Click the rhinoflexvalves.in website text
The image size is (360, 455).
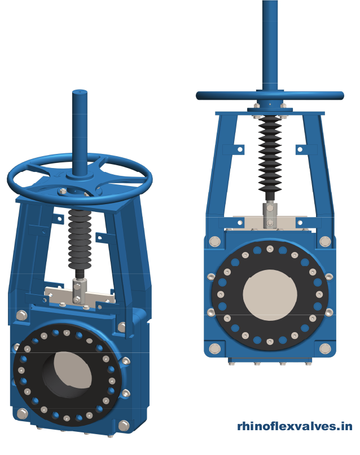pyautogui.click(x=295, y=427)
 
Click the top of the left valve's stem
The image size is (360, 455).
pyautogui.click(x=79, y=92)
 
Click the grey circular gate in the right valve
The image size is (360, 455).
pyautogui.click(x=270, y=294)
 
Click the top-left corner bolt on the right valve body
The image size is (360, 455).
pyautogui.click(x=214, y=242)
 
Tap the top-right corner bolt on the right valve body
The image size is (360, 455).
pyautogui.click(x=325, y=241)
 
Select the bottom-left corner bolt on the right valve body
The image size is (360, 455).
pyautogui.click(x=214, y=348)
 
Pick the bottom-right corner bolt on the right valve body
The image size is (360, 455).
pyautogui.click(x=325, y=348)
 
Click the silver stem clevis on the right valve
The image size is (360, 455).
pyautogui.click(x=270, y=215)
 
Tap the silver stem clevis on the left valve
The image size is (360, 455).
pyautogui.click(x=79, y=292)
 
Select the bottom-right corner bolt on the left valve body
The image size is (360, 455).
pyautogui.click(x=124, y=425)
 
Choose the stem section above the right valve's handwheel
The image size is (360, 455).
pyautogui.click(x=270, y=45)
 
